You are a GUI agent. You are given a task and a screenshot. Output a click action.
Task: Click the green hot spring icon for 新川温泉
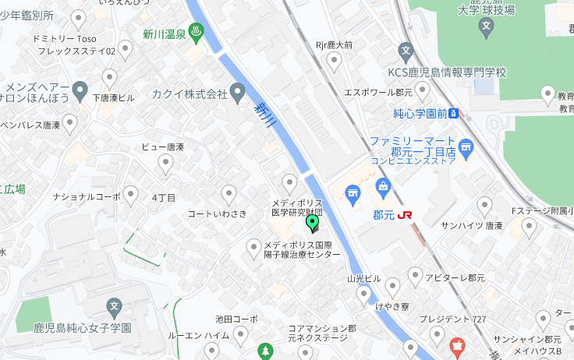(x=197, y=34)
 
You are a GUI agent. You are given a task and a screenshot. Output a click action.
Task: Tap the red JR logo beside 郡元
(x=405, y=214)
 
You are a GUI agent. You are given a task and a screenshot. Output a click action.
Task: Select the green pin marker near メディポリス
(x=313, y=224)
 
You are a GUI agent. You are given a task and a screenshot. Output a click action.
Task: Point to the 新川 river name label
(x=267, y=116)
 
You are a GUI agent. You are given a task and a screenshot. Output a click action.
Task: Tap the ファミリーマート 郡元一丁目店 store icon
(x=466, y=145)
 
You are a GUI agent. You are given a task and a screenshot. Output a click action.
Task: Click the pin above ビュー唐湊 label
(x=165, y=163)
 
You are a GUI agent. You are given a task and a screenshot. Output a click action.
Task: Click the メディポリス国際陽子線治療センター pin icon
(x=253, y=248)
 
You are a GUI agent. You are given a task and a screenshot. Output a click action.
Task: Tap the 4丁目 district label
(x=164, y=197)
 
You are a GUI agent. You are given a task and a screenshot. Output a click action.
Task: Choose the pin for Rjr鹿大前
(x=335, y=62)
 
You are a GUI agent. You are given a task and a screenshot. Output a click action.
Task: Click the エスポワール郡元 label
(x=377, y=91)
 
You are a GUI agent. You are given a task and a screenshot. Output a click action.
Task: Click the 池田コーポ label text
(x=236, y=319)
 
